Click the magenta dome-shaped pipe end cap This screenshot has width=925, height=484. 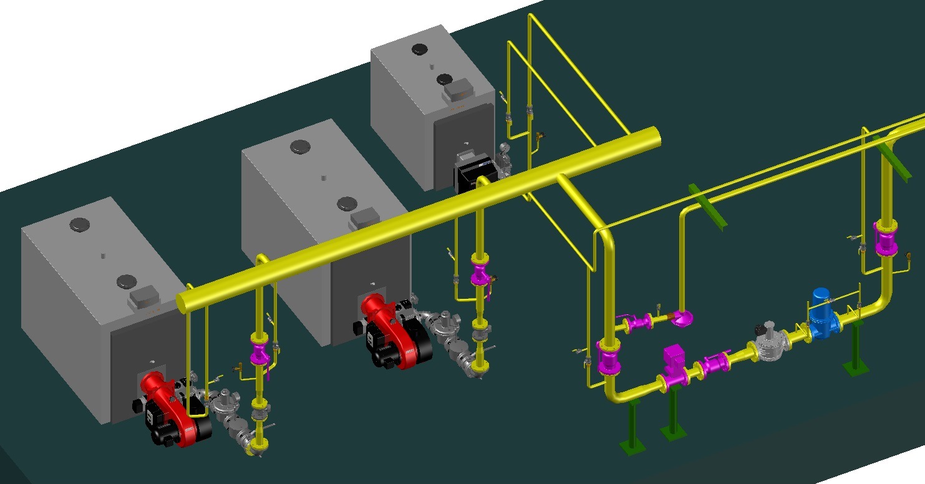[684, 318]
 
